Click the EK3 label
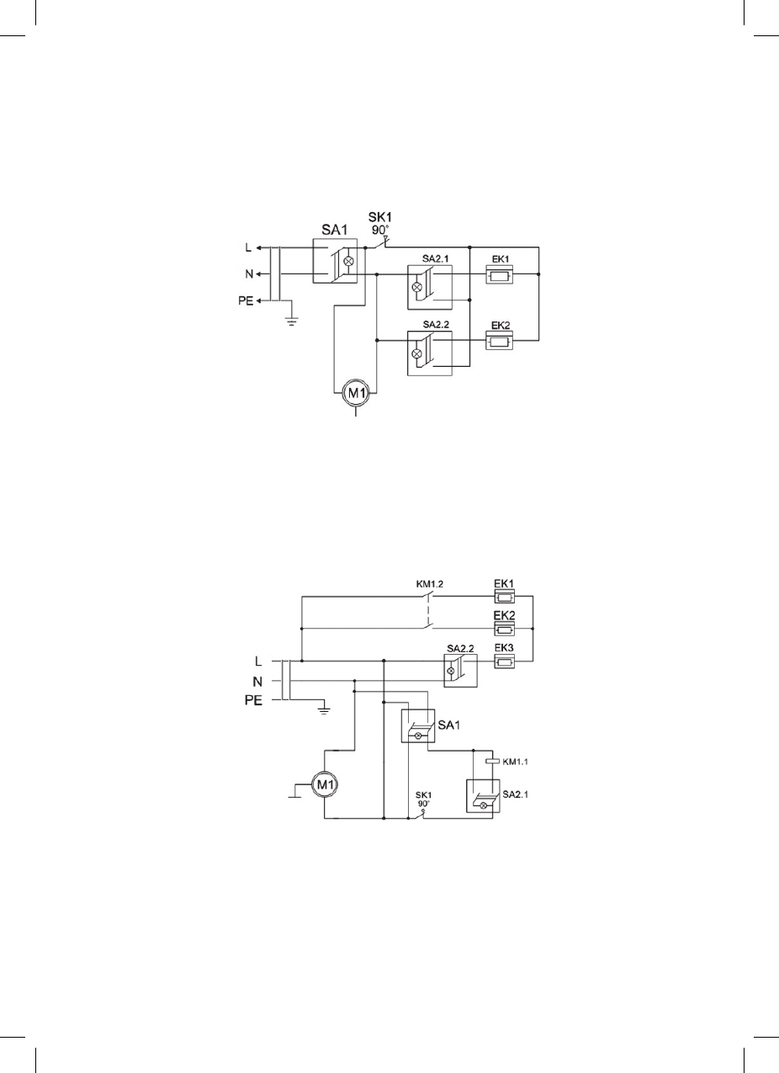coord(504,648)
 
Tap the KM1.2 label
coord(430,584)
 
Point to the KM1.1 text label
coord(516,761)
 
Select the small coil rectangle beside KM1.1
coord(493,761)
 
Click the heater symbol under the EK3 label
coord(504,662)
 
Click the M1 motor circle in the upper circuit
coord(356,393)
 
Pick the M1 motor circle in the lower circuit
coord(325,785)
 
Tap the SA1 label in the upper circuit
coord(334,230)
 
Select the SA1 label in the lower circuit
coord(448,725)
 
